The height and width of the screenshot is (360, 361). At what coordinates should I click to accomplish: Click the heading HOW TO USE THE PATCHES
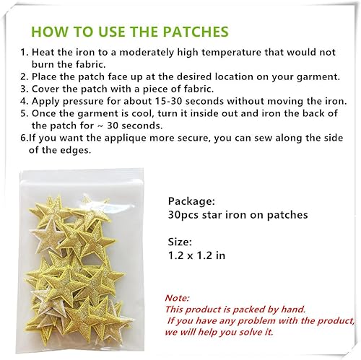pyautogui.click(x=131, y=32)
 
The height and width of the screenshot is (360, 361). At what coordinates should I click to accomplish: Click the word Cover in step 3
pyautogui.click(x=45, y=87)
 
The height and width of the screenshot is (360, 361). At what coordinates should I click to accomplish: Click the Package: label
pyautogui.click(x=191, y=201)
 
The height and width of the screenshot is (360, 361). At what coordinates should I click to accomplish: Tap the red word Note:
pyautogui.click(x=178, y=297)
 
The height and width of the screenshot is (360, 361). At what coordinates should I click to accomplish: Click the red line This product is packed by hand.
pyautogui.click(x=225, y=309)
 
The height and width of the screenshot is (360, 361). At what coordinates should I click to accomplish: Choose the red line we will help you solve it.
pyautogui.click(x=219, y=332)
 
